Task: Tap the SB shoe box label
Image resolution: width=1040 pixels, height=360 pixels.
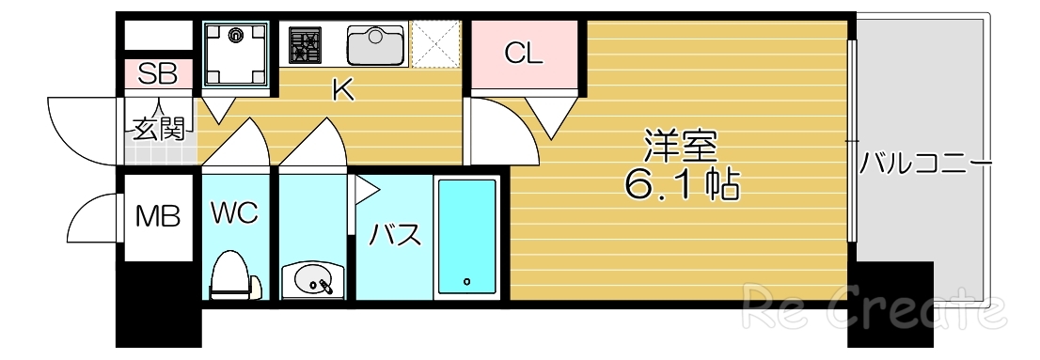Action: point(158,73)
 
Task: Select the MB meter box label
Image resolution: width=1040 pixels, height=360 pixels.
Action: point(156,218)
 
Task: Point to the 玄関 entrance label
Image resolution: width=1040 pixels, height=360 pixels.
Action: point(157,129)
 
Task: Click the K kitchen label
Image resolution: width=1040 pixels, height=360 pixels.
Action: point(343,91)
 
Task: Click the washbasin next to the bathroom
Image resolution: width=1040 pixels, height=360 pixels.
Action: point(311,279)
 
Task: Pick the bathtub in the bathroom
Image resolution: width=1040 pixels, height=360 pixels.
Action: point(466,237)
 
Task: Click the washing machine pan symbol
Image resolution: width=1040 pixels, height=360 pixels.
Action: point(235,53)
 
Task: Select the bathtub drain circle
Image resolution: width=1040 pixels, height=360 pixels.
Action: point(465,280)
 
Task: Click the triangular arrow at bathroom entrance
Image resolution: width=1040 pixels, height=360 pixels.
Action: point(365,190)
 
